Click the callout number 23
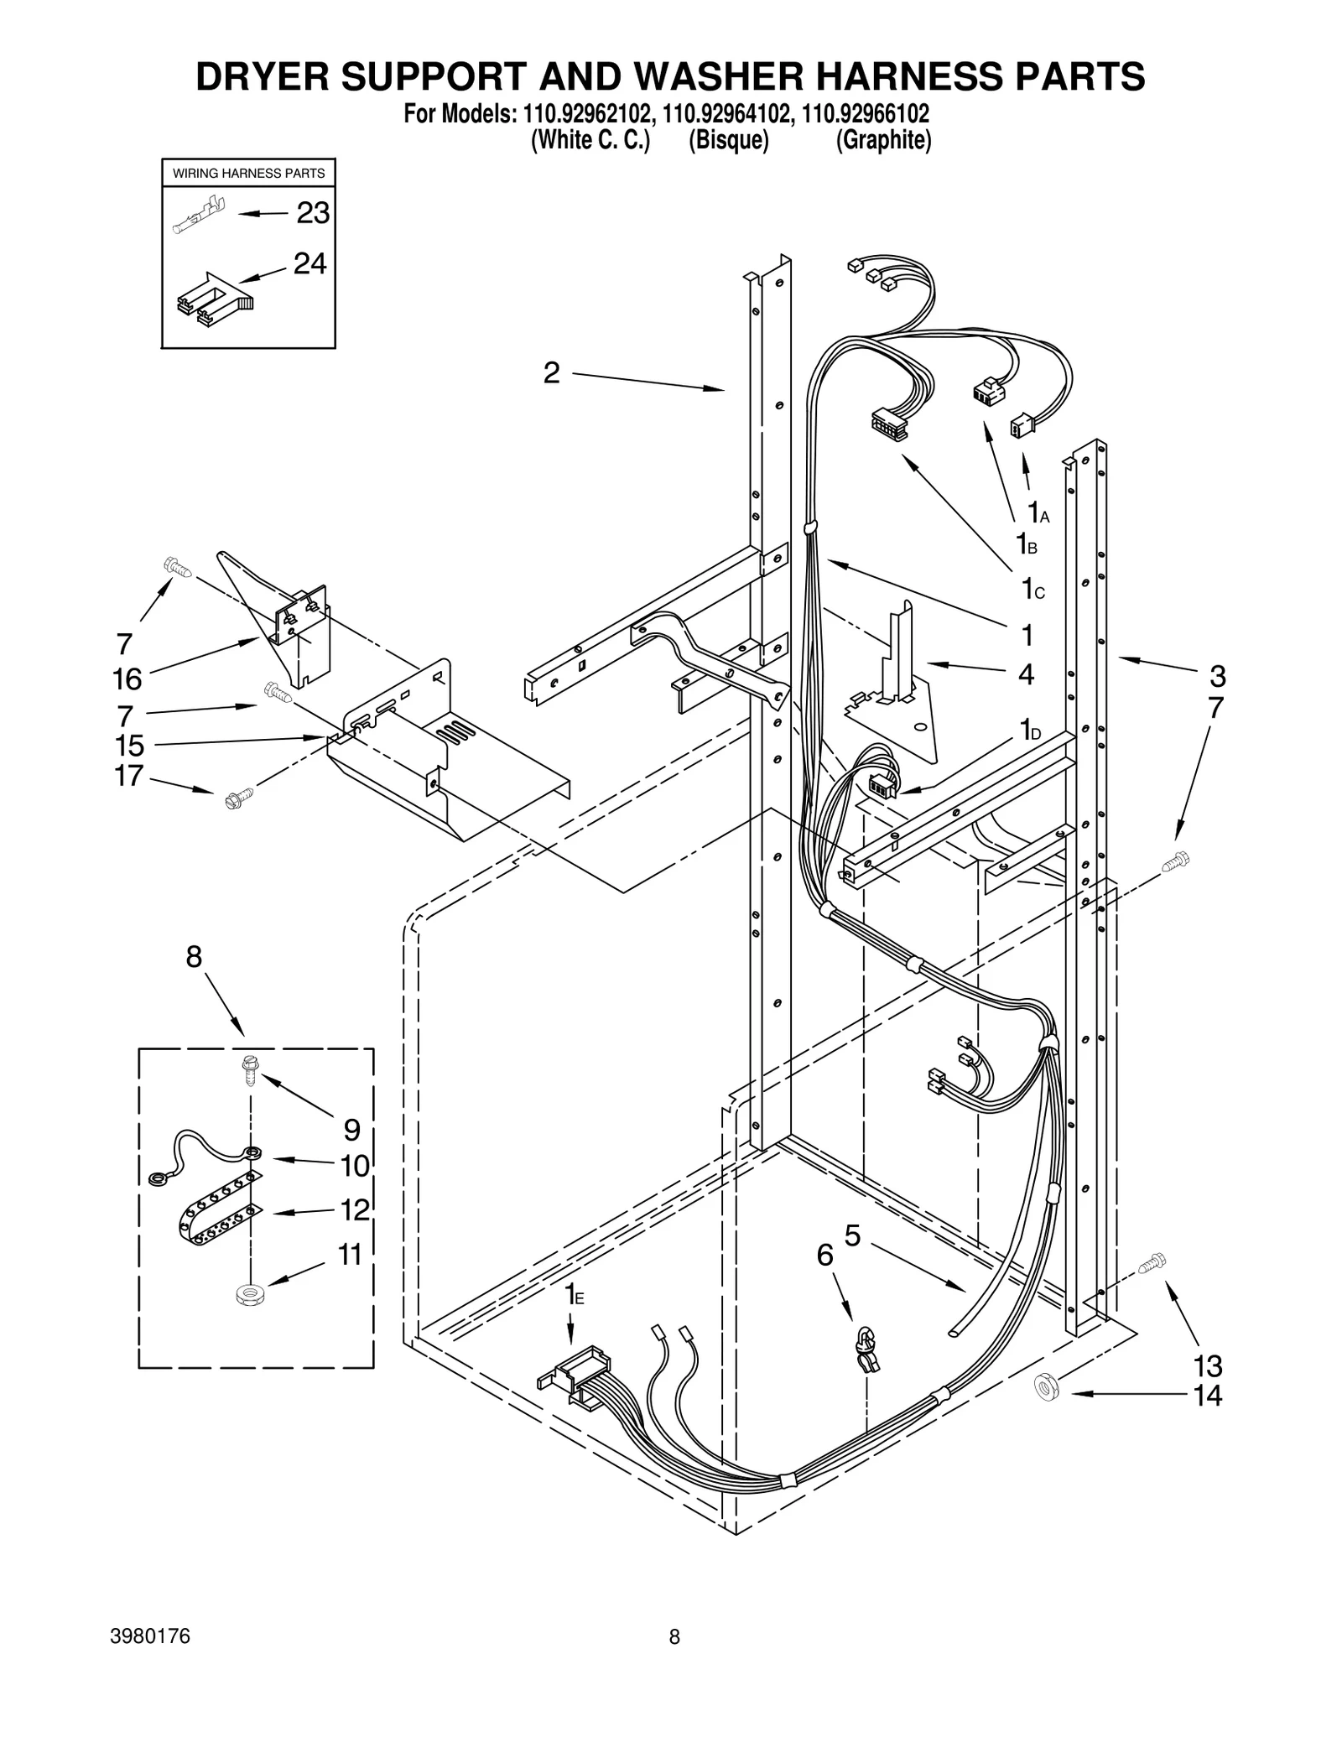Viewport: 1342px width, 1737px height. pyautogui.click(x=312, y=214)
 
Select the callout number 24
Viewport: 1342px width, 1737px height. pyautogui.click(x=309, y=264)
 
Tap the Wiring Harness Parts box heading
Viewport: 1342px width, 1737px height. pyautogui.click(x=248, y=174)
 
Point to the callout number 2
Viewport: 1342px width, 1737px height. pyautogui.click(x=551, y=373)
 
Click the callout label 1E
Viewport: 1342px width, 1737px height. pyautogui.click(x=574, y=1294)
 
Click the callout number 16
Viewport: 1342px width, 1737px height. pyautogui.click(x=127, y=679)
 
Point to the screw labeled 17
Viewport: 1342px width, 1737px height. pyautogui.click(x=236, y=798)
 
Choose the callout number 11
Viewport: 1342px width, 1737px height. pyautogui.click(x=349, y=1256)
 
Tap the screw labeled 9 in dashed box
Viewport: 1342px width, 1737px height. pyautogui.click(x=249, y=1069)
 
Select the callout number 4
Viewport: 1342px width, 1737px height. pyautogui.click(x=1026, y=675)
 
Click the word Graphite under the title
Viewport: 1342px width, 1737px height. pyautogui.click(x=883, y=140)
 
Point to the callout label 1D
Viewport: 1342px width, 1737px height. pyautogui.click(x=1030, y=731)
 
